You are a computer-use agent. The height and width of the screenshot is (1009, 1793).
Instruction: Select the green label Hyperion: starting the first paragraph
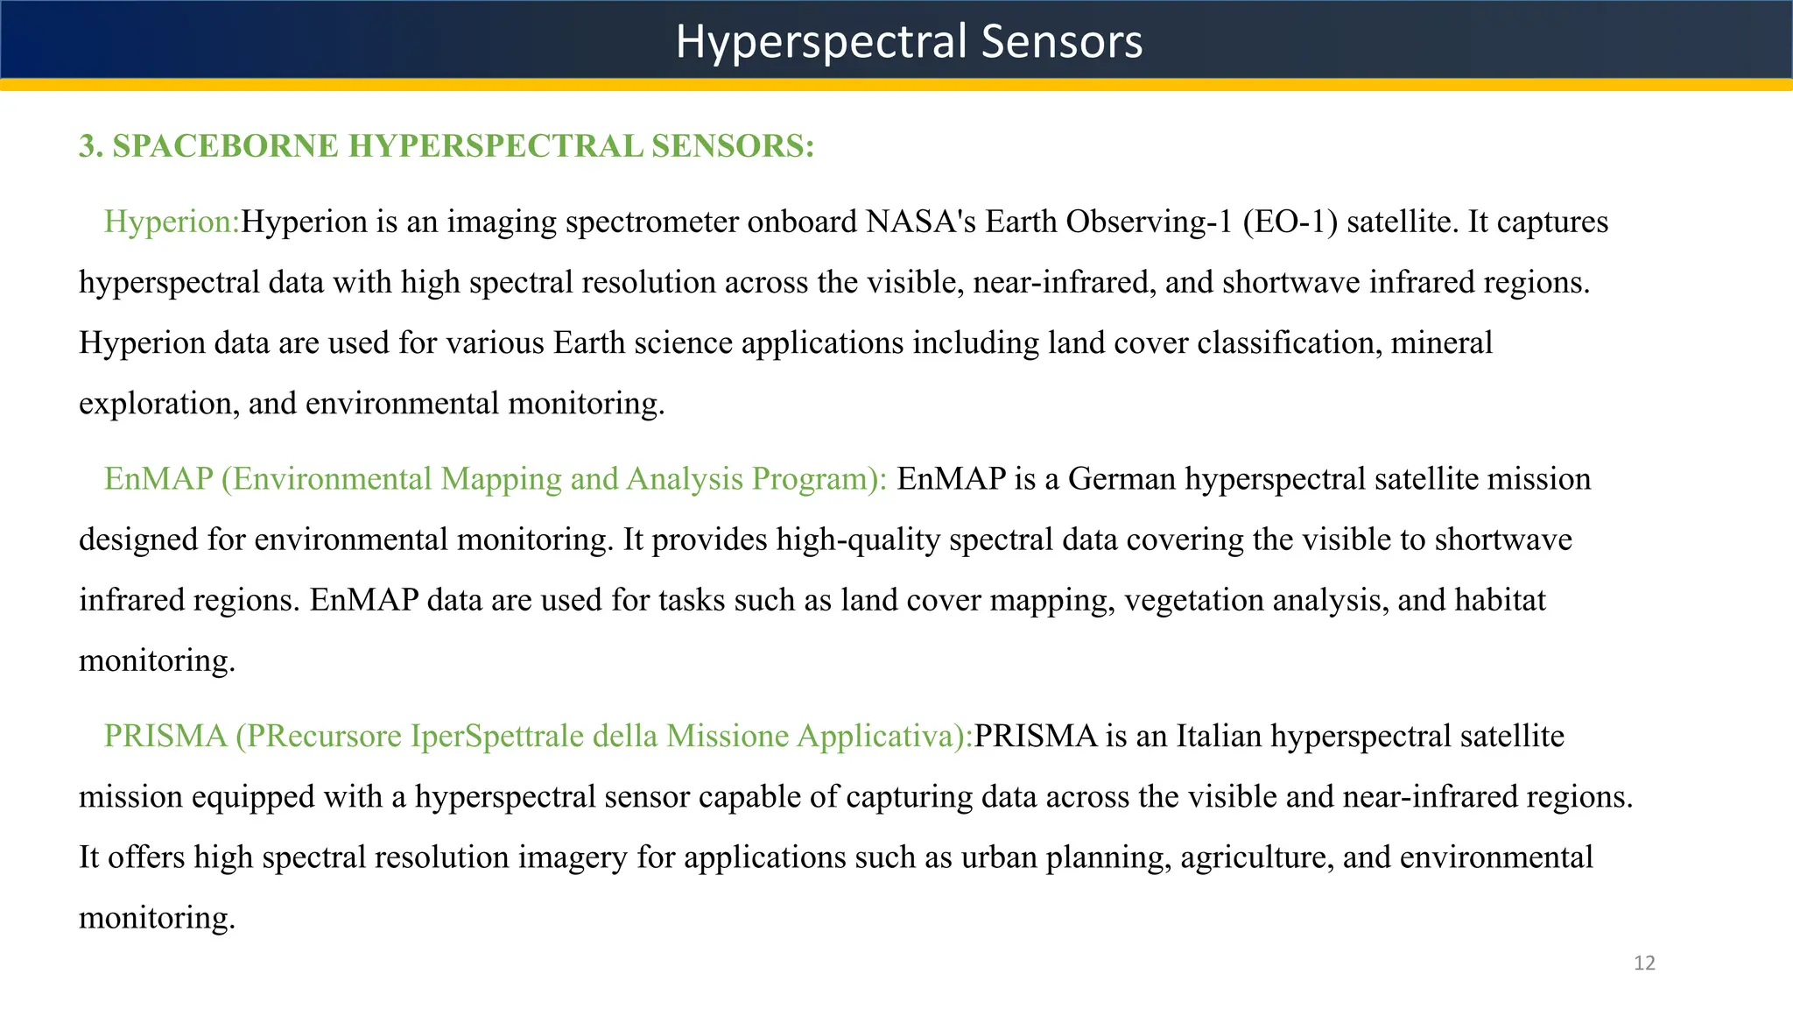172,222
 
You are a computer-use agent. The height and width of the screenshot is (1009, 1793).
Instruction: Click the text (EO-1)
1290,222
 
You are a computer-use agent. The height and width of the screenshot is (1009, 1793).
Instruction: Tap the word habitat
1500,600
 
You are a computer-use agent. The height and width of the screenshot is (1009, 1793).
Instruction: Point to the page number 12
1644,963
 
